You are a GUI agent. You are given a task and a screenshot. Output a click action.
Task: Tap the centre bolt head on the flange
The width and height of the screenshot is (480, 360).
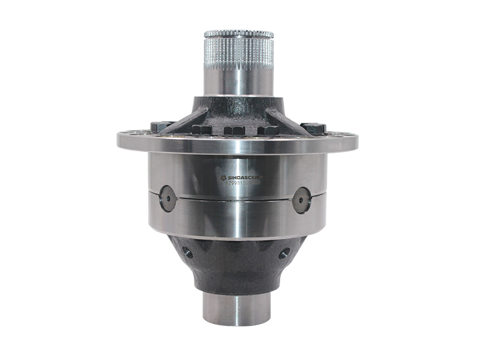[x=233, y=131]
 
